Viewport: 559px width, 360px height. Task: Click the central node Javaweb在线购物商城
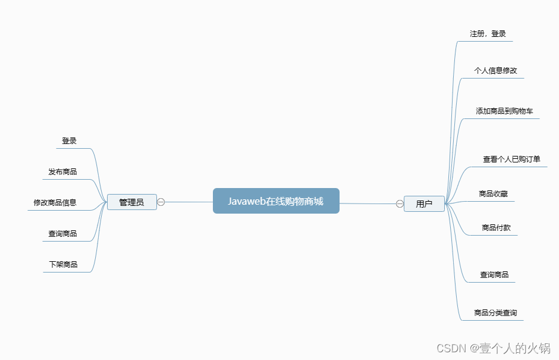pos(276,201)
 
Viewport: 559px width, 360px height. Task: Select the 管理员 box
pos(131,202)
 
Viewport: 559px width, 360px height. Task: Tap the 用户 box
pos(424,204)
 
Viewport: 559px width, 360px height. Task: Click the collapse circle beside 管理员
pos(161,202)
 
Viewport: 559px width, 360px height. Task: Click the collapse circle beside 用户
pos(400,204)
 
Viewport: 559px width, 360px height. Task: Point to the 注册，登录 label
pos(488,34)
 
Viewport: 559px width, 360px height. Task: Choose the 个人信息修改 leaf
pos(495,70)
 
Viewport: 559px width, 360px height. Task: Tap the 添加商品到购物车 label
pos(504,111)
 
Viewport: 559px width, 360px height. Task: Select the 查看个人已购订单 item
pos(511,159)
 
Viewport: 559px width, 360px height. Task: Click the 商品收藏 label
pos(493,193)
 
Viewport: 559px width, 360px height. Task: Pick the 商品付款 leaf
pos(496,227)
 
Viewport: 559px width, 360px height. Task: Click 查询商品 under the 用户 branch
pos(494,274)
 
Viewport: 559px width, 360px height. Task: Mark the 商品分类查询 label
pos(495,312)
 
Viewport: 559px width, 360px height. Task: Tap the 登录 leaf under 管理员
pos(69,141)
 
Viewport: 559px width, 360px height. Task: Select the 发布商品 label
pos(62,172)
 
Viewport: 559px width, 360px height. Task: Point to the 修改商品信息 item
pos(55,202)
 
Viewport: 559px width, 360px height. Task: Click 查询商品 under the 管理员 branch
pos(62,234)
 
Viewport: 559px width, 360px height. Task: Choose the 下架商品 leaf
pos(63,264)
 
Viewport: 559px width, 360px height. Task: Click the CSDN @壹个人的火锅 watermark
pos(493,349)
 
